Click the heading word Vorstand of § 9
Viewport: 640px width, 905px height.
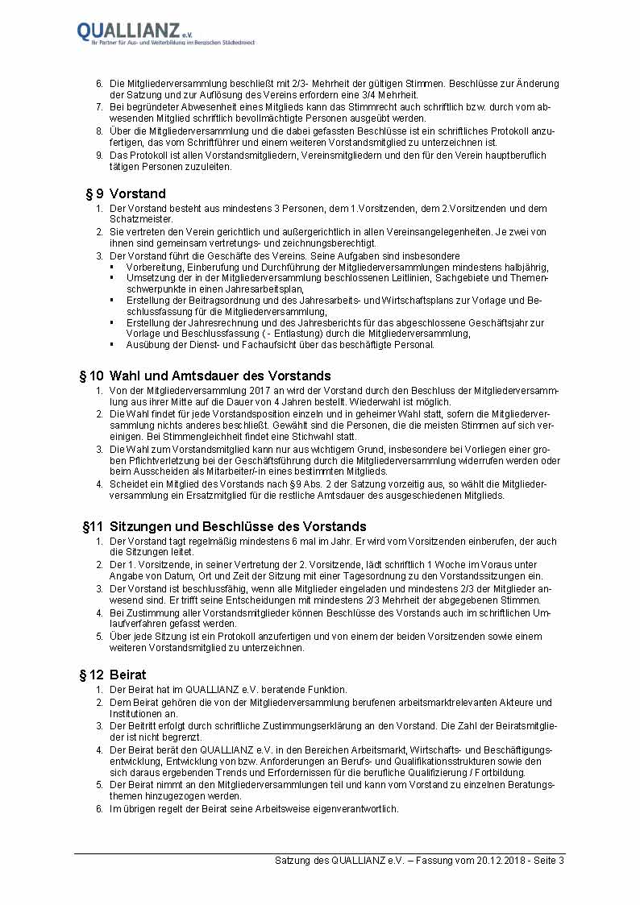[x=138, y=193]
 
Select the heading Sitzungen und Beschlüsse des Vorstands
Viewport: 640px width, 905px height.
[x=238, y=526]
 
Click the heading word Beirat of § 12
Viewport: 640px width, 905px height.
[x=128, y=675]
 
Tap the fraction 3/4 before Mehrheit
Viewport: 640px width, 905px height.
[x=379, y=94]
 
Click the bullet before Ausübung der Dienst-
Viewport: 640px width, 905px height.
[x=113, y=345]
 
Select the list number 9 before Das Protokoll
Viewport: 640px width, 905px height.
[x=99, y=156]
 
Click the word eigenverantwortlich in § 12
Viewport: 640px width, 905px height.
[x=354, y=809]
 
